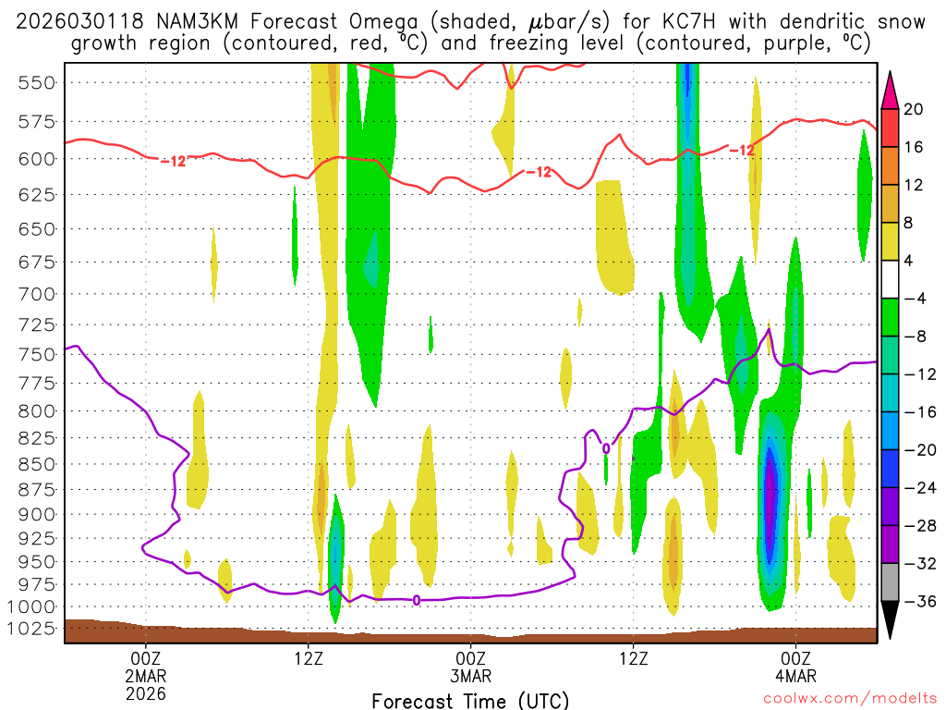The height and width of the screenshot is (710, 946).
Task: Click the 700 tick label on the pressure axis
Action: click(x=36, y=294)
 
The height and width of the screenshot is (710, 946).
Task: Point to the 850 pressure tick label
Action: click(x=36, y=463)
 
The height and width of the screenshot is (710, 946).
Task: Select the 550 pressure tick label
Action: click(x=36, y=82)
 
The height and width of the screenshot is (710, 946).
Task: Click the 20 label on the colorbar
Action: click(x=913, y=109)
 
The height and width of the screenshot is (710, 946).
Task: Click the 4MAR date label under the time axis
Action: click(x=795, y=675)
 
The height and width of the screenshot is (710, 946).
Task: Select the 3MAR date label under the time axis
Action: click(x=470, y=675)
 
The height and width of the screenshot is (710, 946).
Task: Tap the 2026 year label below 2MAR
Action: click(x=145, y=692)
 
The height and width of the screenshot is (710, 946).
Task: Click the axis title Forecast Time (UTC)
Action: click(x=470, y=700)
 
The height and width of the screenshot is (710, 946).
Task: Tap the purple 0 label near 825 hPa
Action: click(x=606, y=448)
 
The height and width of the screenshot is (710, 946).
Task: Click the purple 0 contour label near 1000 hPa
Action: click(x=417, y=600)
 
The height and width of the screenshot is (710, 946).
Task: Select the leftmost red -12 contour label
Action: click(x=173, y=161)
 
